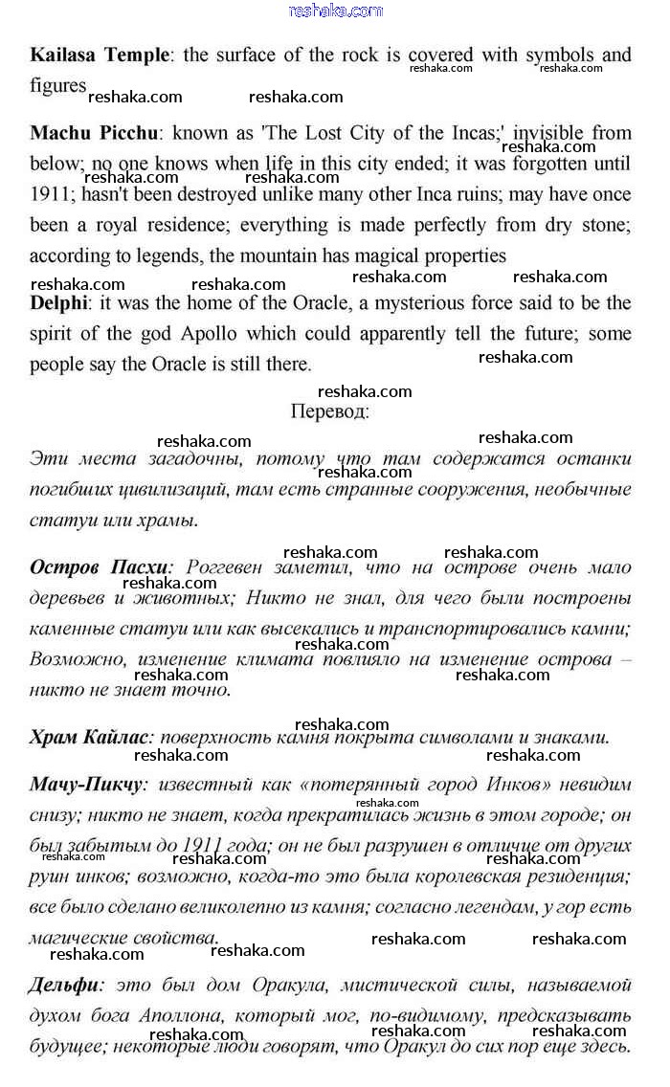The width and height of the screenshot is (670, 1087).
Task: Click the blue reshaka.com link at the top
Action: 335,11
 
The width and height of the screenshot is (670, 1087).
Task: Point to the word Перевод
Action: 329,411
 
